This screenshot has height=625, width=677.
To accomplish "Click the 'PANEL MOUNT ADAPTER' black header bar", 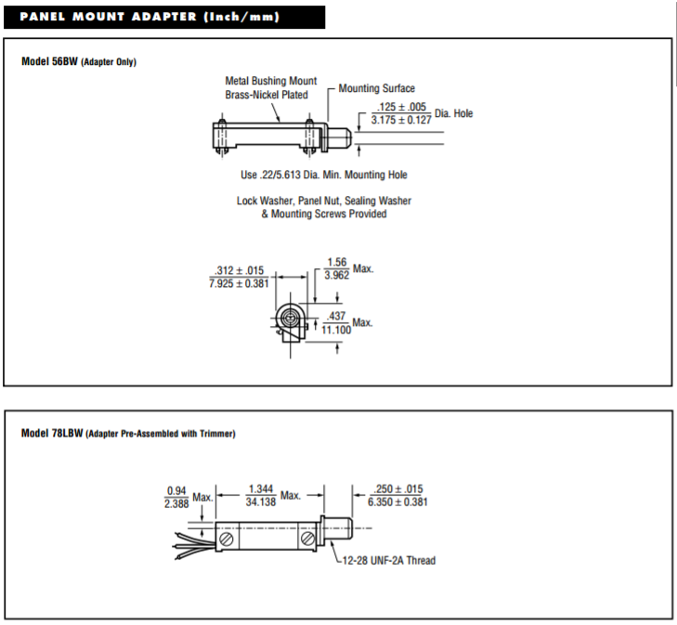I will [x=163, y=17].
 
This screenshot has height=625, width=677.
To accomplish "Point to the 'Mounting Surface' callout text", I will [x=376, y=88].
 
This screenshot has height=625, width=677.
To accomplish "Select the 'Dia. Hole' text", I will [x=454, y=113].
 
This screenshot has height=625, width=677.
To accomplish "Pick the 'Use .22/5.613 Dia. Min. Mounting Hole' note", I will [x=323, y=175].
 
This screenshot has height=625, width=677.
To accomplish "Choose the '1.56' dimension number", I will [x=336, y=262].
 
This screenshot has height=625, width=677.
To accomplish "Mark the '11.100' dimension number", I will [x=336, y=329].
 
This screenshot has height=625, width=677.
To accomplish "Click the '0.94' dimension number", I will [x=176, y=490].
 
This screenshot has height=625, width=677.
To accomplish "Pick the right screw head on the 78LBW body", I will [x=307, y=538].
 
